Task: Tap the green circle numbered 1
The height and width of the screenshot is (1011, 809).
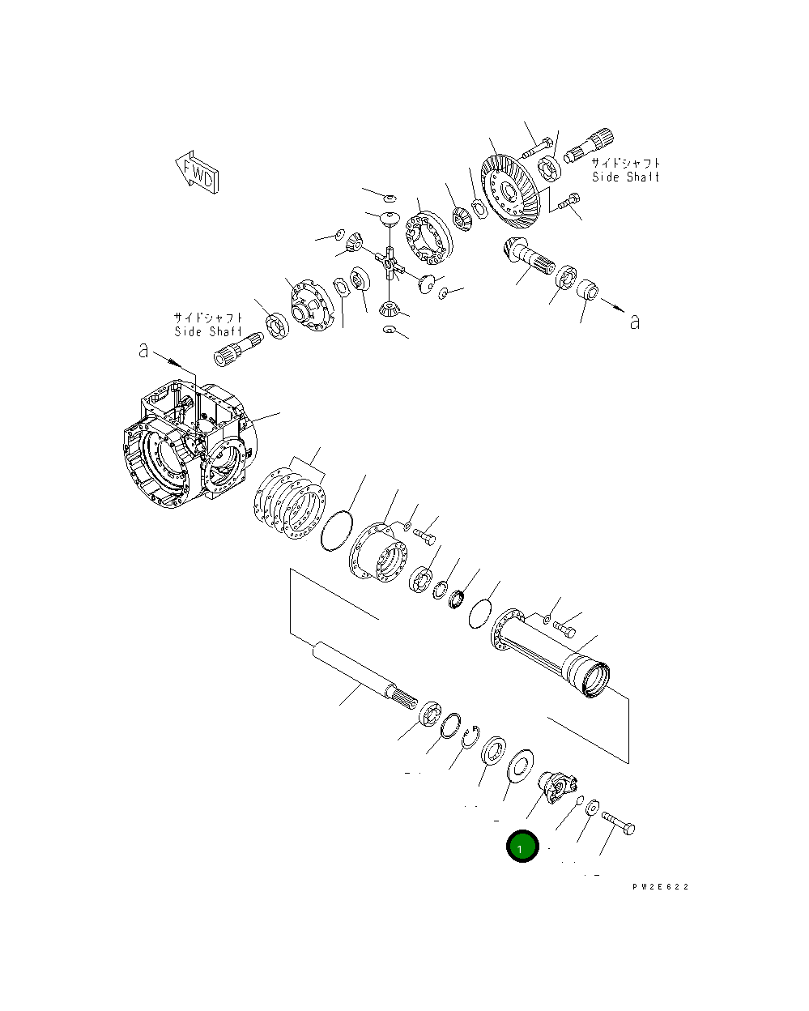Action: [x=522, y=847]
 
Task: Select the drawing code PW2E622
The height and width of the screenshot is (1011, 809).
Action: [x=660, y=887]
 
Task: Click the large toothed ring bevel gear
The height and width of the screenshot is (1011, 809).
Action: [x=510, y=192]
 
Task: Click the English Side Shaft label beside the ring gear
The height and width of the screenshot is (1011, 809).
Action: [x=625, y=177]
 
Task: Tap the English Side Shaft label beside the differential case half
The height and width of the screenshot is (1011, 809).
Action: [x=208, y=331]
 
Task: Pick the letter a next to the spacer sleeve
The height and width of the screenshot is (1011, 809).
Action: [x=634, y=322]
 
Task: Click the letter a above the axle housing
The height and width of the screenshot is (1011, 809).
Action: [x=143, y=351]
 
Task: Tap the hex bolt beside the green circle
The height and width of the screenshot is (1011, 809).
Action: [x=619, y=825]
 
